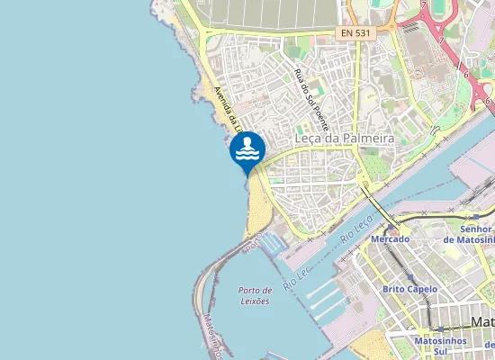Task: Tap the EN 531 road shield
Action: [356, 32]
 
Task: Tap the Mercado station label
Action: [389, 239]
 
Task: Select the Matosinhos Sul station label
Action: [437, 346]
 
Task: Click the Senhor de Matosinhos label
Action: [473, 235]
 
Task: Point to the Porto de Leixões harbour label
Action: [256, 295]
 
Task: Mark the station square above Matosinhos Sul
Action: [436, 331]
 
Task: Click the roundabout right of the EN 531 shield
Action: [393, 28]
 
